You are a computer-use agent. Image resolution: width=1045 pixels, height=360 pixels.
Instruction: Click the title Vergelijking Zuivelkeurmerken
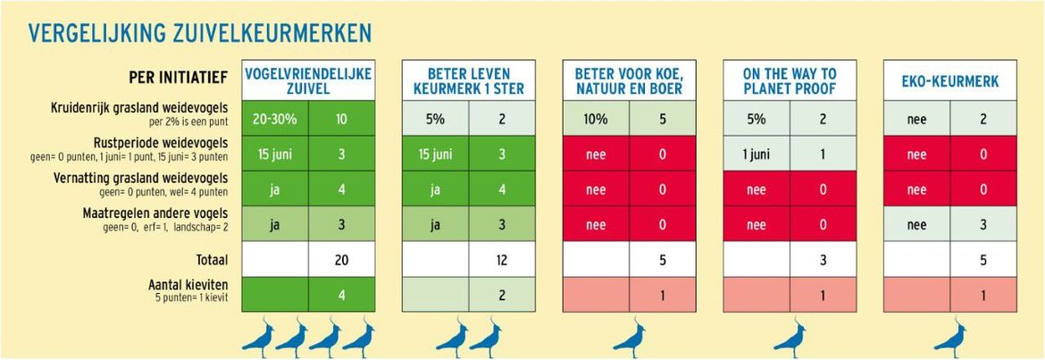(200, 34)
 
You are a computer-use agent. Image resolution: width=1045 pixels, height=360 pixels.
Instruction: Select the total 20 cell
(341, 260)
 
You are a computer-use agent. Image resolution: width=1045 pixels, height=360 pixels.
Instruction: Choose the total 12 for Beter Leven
(501, 260)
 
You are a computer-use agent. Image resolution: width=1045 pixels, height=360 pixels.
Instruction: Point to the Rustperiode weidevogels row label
(160, 143)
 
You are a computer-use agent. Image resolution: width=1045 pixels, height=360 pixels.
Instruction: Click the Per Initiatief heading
(177, 79)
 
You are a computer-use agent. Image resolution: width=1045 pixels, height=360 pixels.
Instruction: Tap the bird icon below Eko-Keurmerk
(950, 338)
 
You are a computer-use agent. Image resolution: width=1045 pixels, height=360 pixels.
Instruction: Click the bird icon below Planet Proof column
(790, 338)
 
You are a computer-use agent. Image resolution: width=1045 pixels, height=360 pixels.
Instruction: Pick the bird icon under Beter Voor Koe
(630, 338)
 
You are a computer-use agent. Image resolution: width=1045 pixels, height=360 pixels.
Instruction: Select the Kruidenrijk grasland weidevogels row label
(152, 108)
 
